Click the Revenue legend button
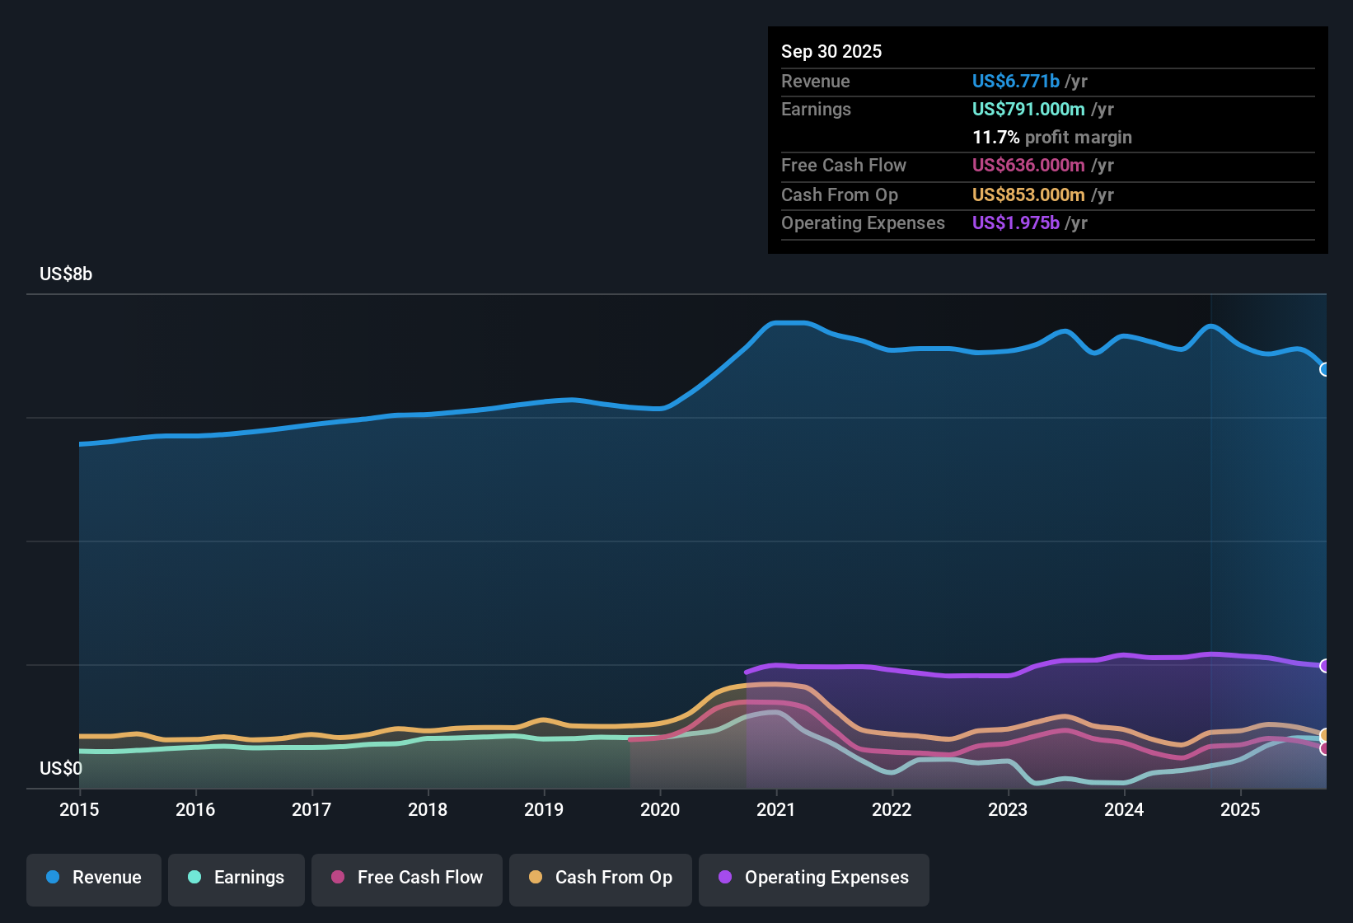point(94,878)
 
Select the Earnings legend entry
point(236,878)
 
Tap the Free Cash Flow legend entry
point(407,878)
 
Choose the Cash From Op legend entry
point(601,878)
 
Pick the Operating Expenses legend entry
point(814,878)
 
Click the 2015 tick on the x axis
point(79,809)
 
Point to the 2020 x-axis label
point(660,809)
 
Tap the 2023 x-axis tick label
point(1008,809)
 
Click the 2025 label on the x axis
point(1240,809)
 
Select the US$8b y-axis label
point(66,274)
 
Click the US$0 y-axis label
point(61,769)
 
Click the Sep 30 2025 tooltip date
point(831,51)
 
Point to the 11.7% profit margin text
point(1051,137)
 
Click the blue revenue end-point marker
point(1325,369)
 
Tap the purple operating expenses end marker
point(1325,666)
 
